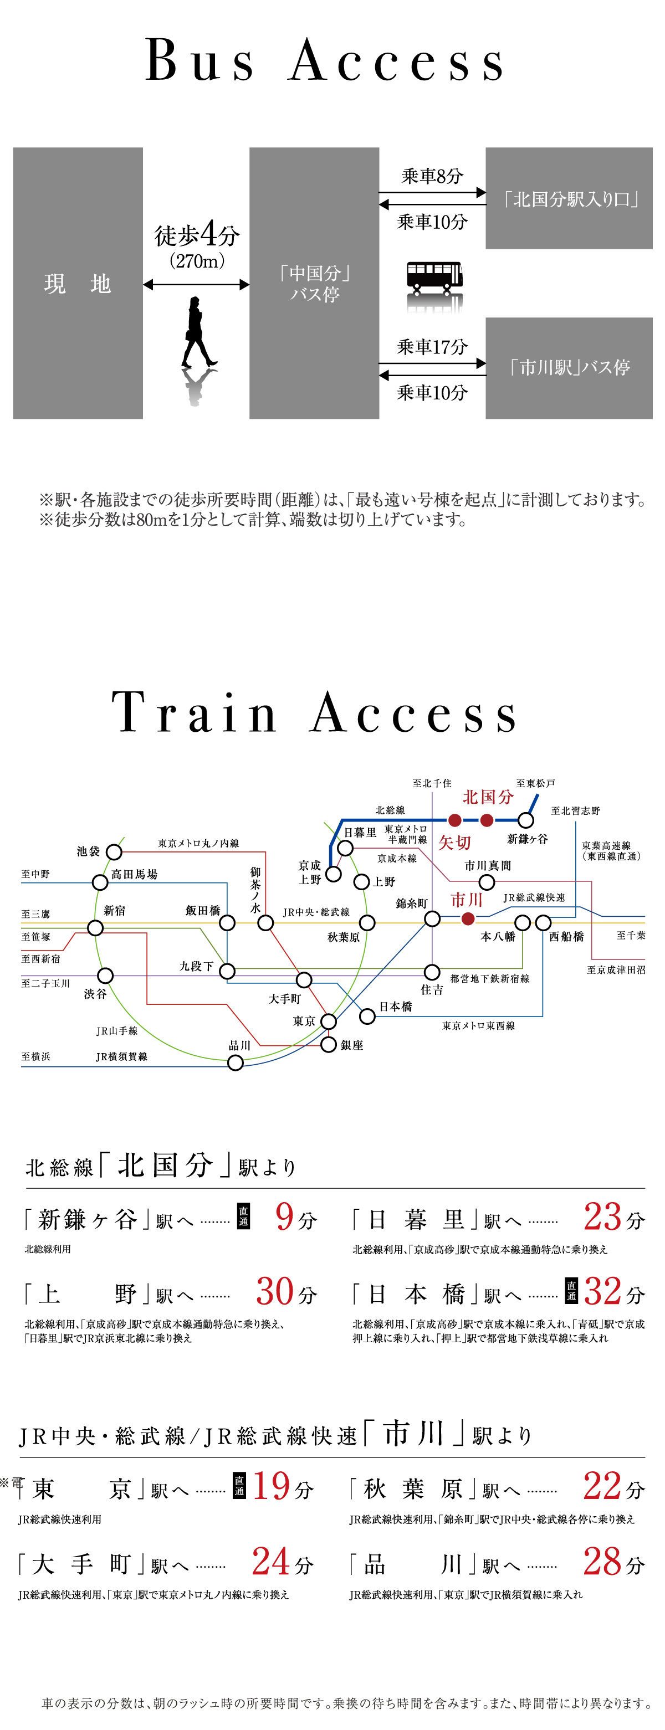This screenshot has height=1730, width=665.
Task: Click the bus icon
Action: (434, 276)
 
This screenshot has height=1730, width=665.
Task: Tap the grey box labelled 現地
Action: (78, 284)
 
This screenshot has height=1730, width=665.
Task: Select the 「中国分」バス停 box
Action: (314, 284)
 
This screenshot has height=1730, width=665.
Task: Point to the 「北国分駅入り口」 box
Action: (569, 199)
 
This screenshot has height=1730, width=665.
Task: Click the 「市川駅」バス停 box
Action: (569, 367)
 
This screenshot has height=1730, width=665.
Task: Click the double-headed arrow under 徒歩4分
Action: (196, 285)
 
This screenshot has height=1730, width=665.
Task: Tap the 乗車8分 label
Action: (432, 177)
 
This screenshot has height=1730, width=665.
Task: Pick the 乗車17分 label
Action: (432, 347)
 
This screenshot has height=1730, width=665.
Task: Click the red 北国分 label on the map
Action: (488, 797)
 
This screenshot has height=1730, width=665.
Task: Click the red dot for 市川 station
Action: (468, 918)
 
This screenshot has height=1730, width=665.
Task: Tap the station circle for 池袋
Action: (114, 852)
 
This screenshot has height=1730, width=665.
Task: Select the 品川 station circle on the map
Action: (235, 1062)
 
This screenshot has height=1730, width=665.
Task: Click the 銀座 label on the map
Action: (351, 1045)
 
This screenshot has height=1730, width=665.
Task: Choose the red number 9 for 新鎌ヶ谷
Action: (285, 1217)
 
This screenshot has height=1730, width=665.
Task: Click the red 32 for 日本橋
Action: (602, 1291)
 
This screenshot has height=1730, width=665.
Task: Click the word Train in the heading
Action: (195, 713)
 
